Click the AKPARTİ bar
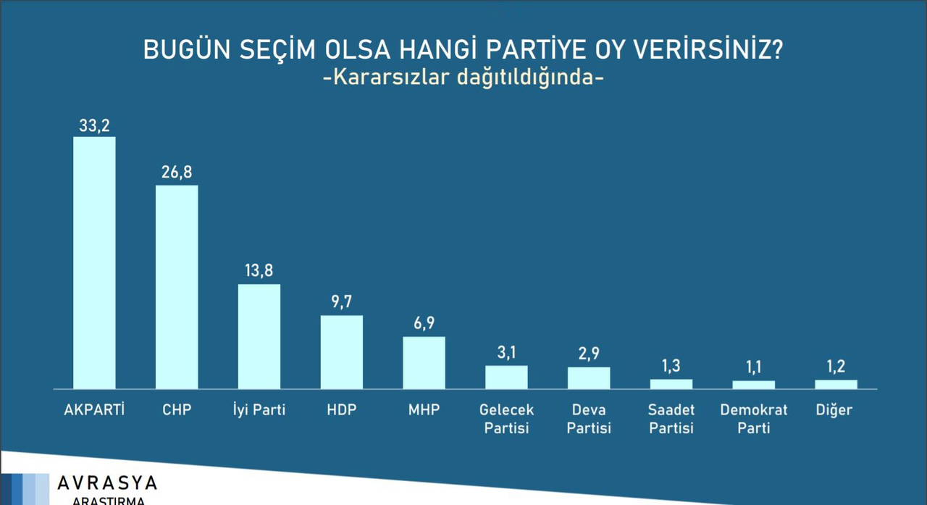click(94, 263)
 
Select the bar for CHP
click(177, 287)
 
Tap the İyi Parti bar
click(259, 336)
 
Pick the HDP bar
click(341, 352)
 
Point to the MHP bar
click(424, 362)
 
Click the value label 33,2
click(94, 125)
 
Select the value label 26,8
click(177, 172)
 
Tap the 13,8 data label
click(259, 270)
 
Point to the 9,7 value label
click(341, 301)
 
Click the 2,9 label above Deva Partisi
click(589, 353)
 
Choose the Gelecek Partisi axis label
click(506, 419)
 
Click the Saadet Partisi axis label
click(671, 419)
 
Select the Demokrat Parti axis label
click(754, 419)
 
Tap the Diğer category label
click(834, 410)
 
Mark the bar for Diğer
click(836, 385)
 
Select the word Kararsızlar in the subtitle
click(391, 77)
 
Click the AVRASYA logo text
click(107, 483)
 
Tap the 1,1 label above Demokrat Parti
click(754, 367)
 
